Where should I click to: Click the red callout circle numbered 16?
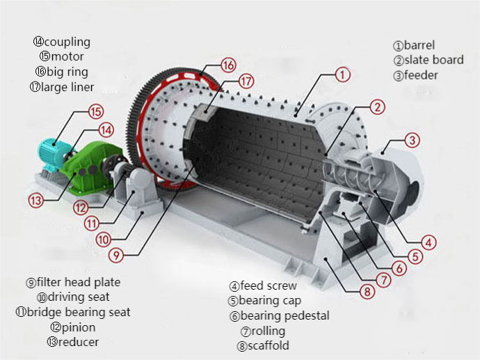229,65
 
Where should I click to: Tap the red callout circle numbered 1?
342,74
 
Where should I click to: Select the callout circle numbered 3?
412,141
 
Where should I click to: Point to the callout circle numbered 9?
116,254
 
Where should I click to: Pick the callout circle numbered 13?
35,201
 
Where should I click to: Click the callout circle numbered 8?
367,291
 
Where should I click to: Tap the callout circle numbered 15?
96,111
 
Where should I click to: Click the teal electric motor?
52,154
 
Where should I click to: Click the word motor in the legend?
67,56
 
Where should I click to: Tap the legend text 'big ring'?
67,72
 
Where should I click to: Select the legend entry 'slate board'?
434,60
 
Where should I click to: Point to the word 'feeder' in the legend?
421,75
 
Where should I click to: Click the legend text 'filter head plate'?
79,282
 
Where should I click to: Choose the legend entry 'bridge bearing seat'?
79,312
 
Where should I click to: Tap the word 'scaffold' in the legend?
268,345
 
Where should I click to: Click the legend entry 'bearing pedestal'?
285,315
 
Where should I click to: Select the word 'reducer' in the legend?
79,342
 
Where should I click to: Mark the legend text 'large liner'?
67,87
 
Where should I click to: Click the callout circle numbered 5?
415,256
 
